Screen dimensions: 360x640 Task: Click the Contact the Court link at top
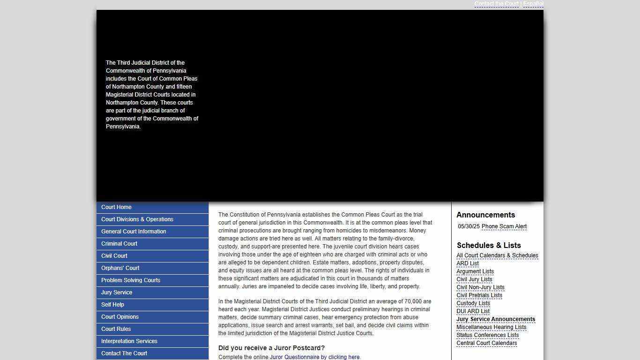pyautogui.click(x=496, y=4)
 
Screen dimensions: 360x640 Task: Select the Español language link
pyautogui.click(x=533, y=4)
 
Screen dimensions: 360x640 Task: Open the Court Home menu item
pyautogui.click(x=116, y=207)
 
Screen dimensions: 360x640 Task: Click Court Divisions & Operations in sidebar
pyautogui.click(x=137, y=219)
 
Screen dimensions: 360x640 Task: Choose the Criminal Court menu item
pyautogui.click(x=119, y=244)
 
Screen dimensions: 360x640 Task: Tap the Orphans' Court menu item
pyautogui.click(x=120, y=268)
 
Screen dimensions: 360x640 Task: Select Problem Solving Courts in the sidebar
pyautogui.click(x=131, y=280)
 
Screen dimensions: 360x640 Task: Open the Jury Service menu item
pyautogui.click(x=117, y=292)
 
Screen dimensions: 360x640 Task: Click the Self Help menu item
pyautogui.click(x=112, y=305)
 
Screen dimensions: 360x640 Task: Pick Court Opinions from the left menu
pyautogui.click(x=120, y=317)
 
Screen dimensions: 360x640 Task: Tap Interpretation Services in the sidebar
pyautogui.click(x=129, y=341)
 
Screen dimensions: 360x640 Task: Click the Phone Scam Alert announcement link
pyautogui.click(x=504, y=226)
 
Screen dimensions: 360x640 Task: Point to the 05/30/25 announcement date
pyautogui.click(x=469, y=226)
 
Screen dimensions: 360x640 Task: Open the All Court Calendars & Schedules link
pyautogui.click(x=497, y=255)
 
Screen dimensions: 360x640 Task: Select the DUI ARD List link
pyautogui.click(x=473, y=311)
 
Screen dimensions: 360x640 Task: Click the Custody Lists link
pyautogui.click(x=473, y=303)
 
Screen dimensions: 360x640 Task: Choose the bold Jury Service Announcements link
pyautogui.click(x=496, y=319)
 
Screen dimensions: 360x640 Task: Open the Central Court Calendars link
pyautogui.click(x=487, y=343)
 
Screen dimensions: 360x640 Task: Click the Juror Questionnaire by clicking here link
pyautogui.click(x=314, y=357)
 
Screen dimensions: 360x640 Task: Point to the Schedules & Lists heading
pyautogui.click(x=489, y=245)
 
